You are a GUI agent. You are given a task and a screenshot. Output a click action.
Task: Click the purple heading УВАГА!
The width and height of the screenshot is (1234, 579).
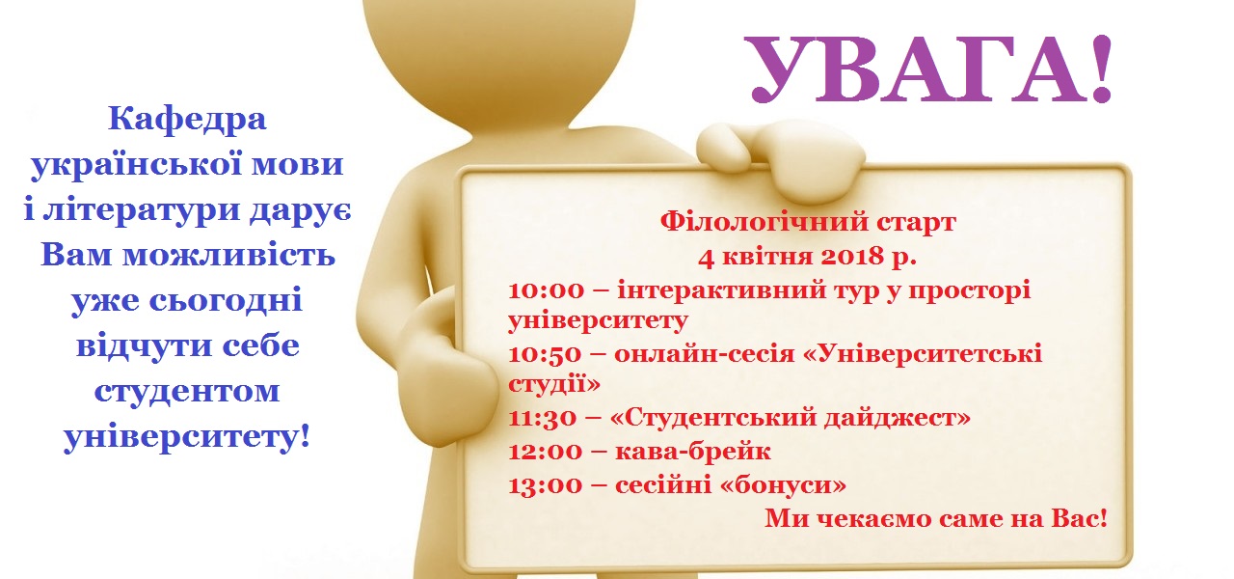[x=929, y=69]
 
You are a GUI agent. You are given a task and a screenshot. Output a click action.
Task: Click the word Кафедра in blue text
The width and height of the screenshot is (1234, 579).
[x=187, y=120]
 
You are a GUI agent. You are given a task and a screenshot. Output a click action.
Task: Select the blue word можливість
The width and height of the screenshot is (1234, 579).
[x=228, y=255]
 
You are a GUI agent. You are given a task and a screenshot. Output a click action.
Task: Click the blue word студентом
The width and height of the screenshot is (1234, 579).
[x=187, y=392]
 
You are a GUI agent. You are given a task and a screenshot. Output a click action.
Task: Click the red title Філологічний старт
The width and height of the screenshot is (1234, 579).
[x=808, y=222]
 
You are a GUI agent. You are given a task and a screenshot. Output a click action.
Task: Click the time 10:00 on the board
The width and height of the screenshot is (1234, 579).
[x=546, y=290]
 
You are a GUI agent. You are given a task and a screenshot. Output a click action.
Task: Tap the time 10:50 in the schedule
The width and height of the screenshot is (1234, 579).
[x=545, y=354]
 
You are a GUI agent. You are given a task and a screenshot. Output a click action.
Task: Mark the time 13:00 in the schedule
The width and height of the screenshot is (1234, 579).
[x=546, y=485]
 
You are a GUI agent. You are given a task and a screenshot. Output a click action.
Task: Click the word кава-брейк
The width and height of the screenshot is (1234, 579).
[x=692, y=452]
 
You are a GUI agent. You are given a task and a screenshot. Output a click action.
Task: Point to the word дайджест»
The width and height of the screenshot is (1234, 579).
[x=897, y=418]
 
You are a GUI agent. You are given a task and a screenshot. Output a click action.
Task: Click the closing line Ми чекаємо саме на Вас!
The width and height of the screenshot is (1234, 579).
[x=935, y=518]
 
